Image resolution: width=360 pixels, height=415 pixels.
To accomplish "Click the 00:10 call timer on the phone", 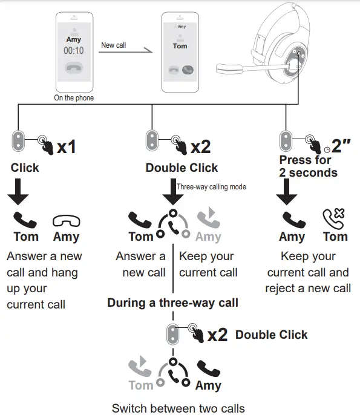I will (x=73, y=51).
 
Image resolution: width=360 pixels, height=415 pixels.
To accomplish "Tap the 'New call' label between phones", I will (x=113, y=45).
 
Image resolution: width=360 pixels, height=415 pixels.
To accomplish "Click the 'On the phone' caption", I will (x=74, y=98).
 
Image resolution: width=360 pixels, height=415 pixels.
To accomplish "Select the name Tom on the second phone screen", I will (x=180, y=46).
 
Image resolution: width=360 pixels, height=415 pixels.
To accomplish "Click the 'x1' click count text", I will (x=67, y=147).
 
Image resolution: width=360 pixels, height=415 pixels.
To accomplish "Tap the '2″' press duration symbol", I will (x=341, y=146).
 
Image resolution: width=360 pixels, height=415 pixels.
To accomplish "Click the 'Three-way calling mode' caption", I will (x=211, y=187).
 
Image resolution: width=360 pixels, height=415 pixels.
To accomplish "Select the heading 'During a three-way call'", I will (x=172, y=302).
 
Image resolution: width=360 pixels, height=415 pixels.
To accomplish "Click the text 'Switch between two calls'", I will (x=178, y=407).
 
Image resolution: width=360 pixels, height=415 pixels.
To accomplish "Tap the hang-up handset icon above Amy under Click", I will (x=66, y=220).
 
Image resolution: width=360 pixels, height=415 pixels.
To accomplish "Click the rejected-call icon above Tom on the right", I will (x=334, y=218).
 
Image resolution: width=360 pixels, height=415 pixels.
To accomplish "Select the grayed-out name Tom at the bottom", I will (x=140, y=385).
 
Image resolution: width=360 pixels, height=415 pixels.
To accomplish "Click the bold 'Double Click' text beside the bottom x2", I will (x=271, y=335).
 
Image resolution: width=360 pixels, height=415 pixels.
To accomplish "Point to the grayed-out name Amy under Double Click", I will (x=208, y=237).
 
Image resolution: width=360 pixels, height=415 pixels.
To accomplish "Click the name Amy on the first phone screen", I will (x=73, y=39).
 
